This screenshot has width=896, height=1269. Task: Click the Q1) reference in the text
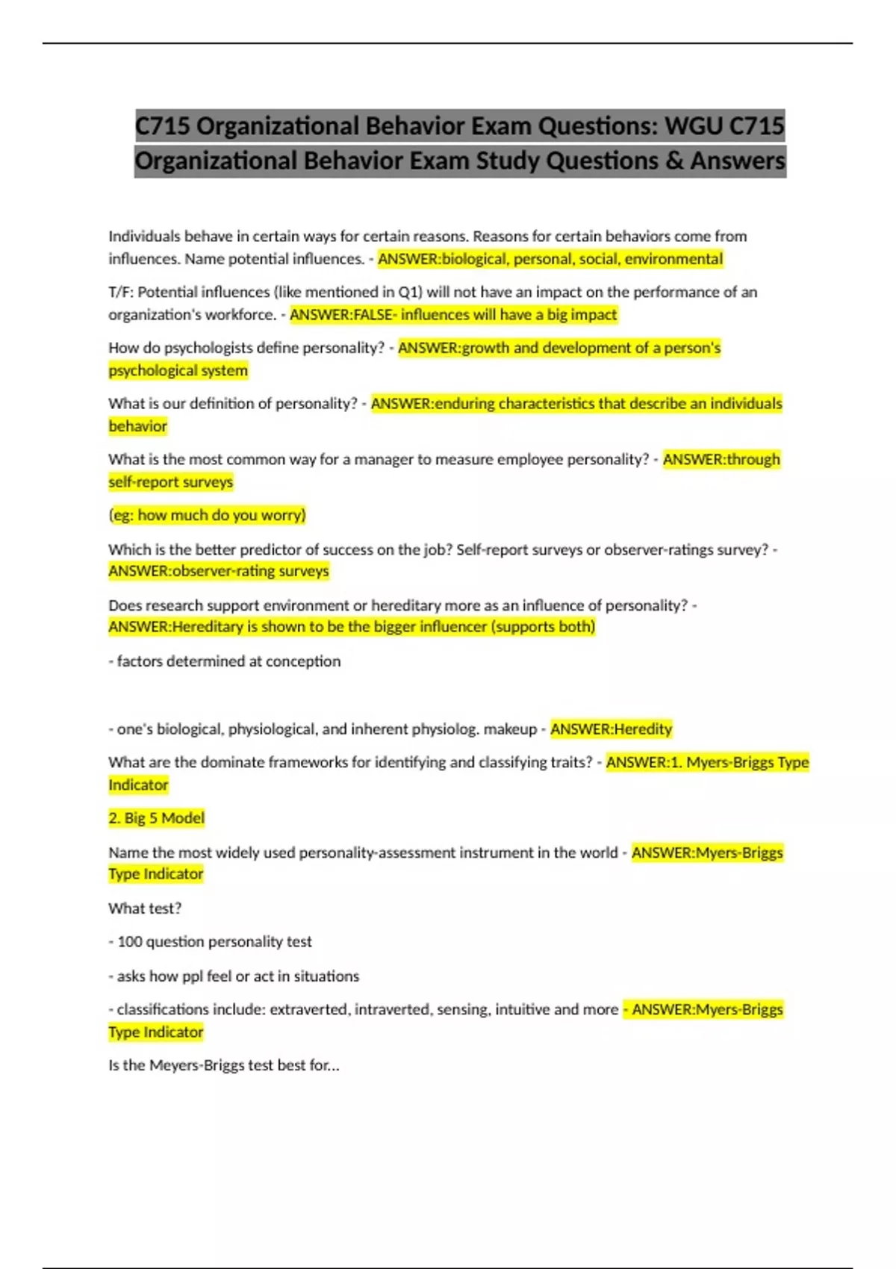click(x=411, y=292)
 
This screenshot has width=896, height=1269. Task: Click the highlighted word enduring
click(x=464, y=404)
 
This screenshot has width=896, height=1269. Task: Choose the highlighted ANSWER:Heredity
click(x=611, y=729)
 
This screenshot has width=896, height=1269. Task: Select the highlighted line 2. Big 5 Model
click(x=156, y=818)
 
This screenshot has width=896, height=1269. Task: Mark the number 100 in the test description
click(x=129, y=942)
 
